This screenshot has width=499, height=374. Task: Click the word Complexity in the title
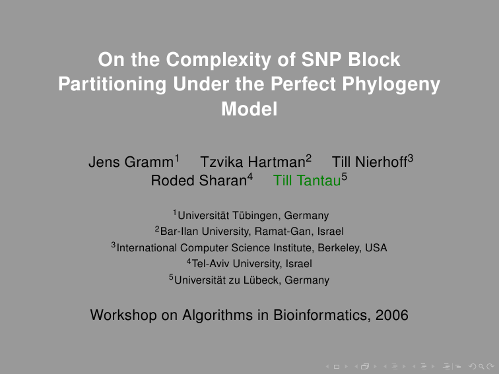(x=218, y=60)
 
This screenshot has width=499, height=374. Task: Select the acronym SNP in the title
(x=321, y=59)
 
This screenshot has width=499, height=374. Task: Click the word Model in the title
(x=249, y=109)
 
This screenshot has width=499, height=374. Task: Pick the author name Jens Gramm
(x=131, y=162)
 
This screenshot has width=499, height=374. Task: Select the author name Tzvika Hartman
(x=253, y=162)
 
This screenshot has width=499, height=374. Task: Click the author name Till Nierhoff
(x=370, y=162)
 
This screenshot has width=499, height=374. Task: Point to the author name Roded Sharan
(x=199, y=181)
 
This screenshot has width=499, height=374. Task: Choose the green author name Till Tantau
(x=307, y=181)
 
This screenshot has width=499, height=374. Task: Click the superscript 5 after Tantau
(x=345, y=177)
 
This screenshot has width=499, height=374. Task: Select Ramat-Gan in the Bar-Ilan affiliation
(x=281, y=232)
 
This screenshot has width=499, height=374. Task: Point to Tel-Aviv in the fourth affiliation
(x=211, y=264)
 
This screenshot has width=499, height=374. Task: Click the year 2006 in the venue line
(x=392, y=315)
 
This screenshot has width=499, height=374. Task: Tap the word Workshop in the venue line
(x=123, y=315)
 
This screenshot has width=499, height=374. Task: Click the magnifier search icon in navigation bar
(x=481, y=367)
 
